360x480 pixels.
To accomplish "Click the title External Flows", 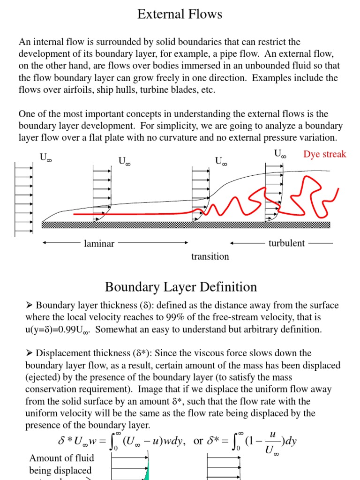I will (x=180, y=15).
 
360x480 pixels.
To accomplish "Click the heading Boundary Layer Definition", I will (x=180, y=287).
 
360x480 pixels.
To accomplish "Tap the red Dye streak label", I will (x=324, y=154).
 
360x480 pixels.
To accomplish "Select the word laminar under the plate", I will (x=99, y=243).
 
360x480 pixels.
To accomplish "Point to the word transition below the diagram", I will (x=210, y=256).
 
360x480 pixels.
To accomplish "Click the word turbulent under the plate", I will (x=286, y=243).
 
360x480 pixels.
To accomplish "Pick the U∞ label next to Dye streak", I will (x=280, y=154).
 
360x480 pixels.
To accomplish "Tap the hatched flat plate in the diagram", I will (x=185, y=225).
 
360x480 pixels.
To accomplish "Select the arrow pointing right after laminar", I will (x=152, y=243).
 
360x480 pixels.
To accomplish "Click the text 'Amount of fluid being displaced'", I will (x=61, y=464).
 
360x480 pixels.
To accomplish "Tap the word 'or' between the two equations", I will (x=198, y=441).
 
